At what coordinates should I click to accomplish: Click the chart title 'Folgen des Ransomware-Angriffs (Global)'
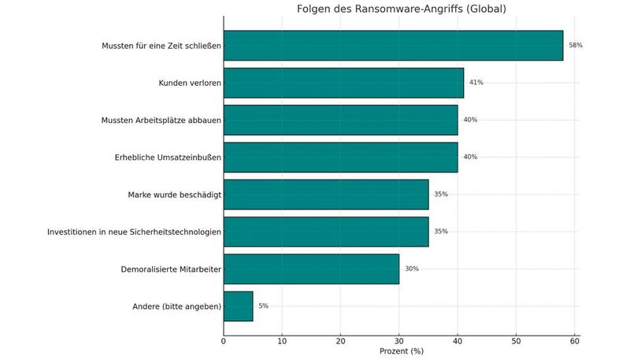click(x=401, y=9)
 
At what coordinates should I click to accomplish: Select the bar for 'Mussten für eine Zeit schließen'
click(x=393, y=46)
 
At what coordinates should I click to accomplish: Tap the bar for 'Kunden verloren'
click(x=343, y=83)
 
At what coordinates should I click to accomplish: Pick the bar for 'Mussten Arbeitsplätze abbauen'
click(x=340, y=120)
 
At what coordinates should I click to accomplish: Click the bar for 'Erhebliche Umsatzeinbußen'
click(x=340, y=157)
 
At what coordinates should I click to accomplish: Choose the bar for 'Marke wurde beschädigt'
click(x=326, y=194)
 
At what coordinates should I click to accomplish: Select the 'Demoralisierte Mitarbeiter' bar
click(x=311, y=269)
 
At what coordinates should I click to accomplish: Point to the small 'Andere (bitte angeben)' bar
click(x=238, y=306)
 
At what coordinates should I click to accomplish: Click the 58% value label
click(x=576, y=46)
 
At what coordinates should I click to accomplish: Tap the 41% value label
click(x=476, y=83)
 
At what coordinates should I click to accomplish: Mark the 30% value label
click(x=412, y=269)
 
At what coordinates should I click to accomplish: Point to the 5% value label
click(x=263, y=306)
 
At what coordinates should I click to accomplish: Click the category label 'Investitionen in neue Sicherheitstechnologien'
click(x=134, y=232)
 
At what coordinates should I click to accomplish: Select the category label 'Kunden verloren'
click(x=190, y=83)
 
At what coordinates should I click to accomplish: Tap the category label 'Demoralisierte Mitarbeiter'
click(x=171, y=269)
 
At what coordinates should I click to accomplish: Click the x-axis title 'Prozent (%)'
click(x=401, y=351)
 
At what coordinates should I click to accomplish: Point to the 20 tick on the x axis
click(x=340, y=340)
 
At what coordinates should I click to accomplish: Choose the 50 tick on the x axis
click(x=516, y=340)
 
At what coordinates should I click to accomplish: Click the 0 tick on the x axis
click(x=224, y=340)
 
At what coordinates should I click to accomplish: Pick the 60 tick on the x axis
click(x=574, y=340)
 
